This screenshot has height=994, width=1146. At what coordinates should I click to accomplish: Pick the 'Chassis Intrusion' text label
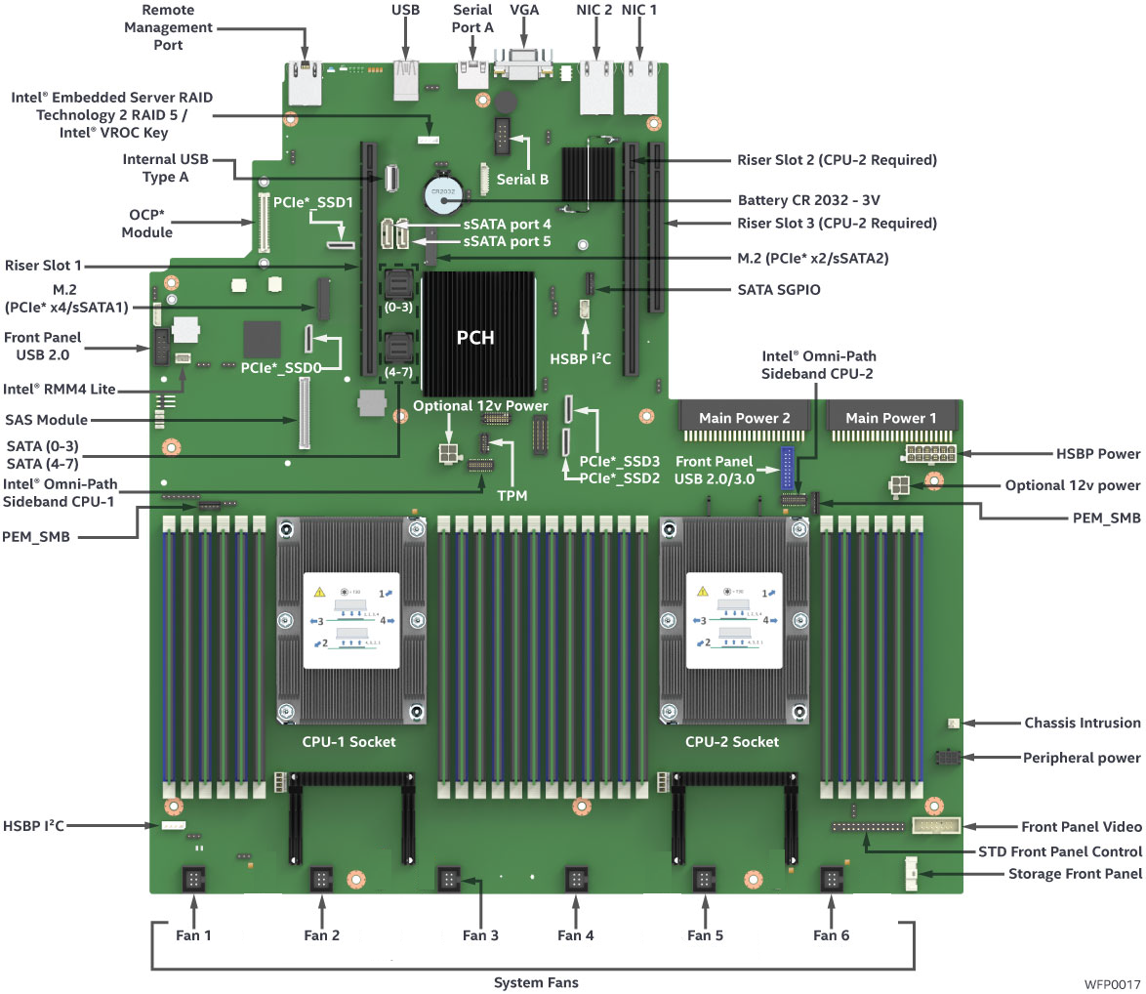1082,724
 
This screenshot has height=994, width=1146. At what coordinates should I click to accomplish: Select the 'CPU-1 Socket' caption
348,741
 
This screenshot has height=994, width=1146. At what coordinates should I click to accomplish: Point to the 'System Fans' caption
535,982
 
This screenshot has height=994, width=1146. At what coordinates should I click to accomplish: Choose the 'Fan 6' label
832,934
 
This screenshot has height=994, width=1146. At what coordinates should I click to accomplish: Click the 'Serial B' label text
523,180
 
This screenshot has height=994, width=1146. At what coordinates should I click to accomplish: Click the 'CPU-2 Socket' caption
732,741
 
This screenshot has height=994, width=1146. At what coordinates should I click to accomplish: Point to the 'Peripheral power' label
1082,758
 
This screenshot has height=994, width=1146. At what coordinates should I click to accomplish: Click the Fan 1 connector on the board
193,880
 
